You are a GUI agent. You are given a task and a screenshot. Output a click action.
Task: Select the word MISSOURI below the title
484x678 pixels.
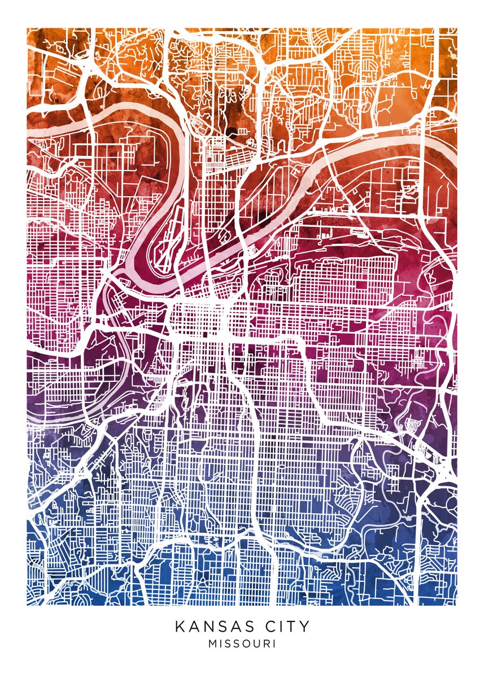click(x=242, y=644)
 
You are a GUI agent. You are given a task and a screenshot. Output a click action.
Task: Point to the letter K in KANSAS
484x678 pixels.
click(x=180, y=627)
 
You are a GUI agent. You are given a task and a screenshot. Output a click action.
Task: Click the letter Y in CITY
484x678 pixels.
click(x=304, y=627)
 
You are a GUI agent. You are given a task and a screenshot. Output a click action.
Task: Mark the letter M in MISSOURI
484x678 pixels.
click(x=212, y=644)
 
